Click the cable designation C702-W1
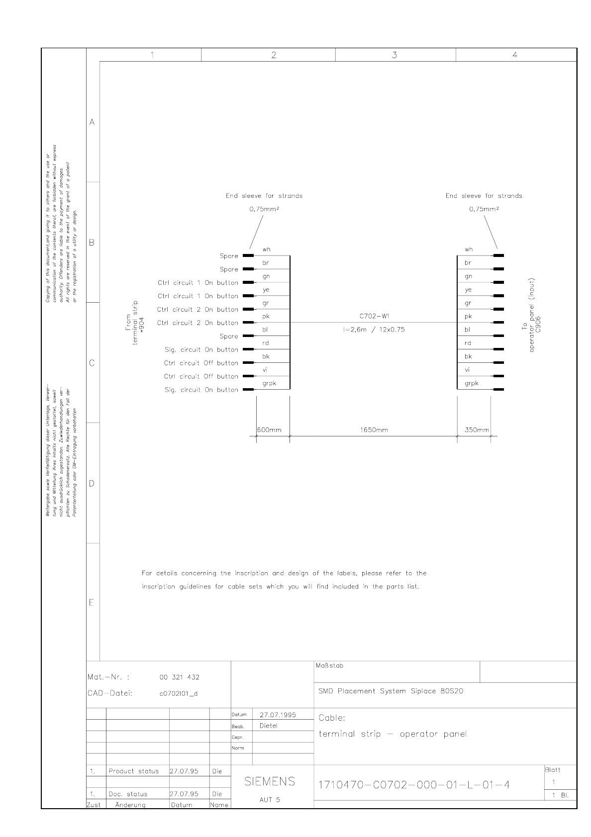click(374, 316)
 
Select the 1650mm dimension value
click(374, 430)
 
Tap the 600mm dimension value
click(269, 430)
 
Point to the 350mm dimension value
click(477, 430)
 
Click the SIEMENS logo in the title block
click(270, 782)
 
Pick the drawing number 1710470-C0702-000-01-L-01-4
click(414, 785)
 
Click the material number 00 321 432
click(179, 677)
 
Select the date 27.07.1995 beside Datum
click(278, 715)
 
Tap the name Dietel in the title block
click(269, 726)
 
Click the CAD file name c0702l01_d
click(178, 694)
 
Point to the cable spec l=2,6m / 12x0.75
click(374, 330)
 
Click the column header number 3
click(394, 55)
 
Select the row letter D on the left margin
click(92, 484)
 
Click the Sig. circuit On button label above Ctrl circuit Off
click(201, 350)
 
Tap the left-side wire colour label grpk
click(269, 383)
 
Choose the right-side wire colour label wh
click(469, 250)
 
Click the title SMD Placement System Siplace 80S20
click(391, 691)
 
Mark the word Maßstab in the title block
click(329, 666)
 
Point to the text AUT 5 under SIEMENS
click(270, 800)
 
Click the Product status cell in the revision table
click(133, 771)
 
